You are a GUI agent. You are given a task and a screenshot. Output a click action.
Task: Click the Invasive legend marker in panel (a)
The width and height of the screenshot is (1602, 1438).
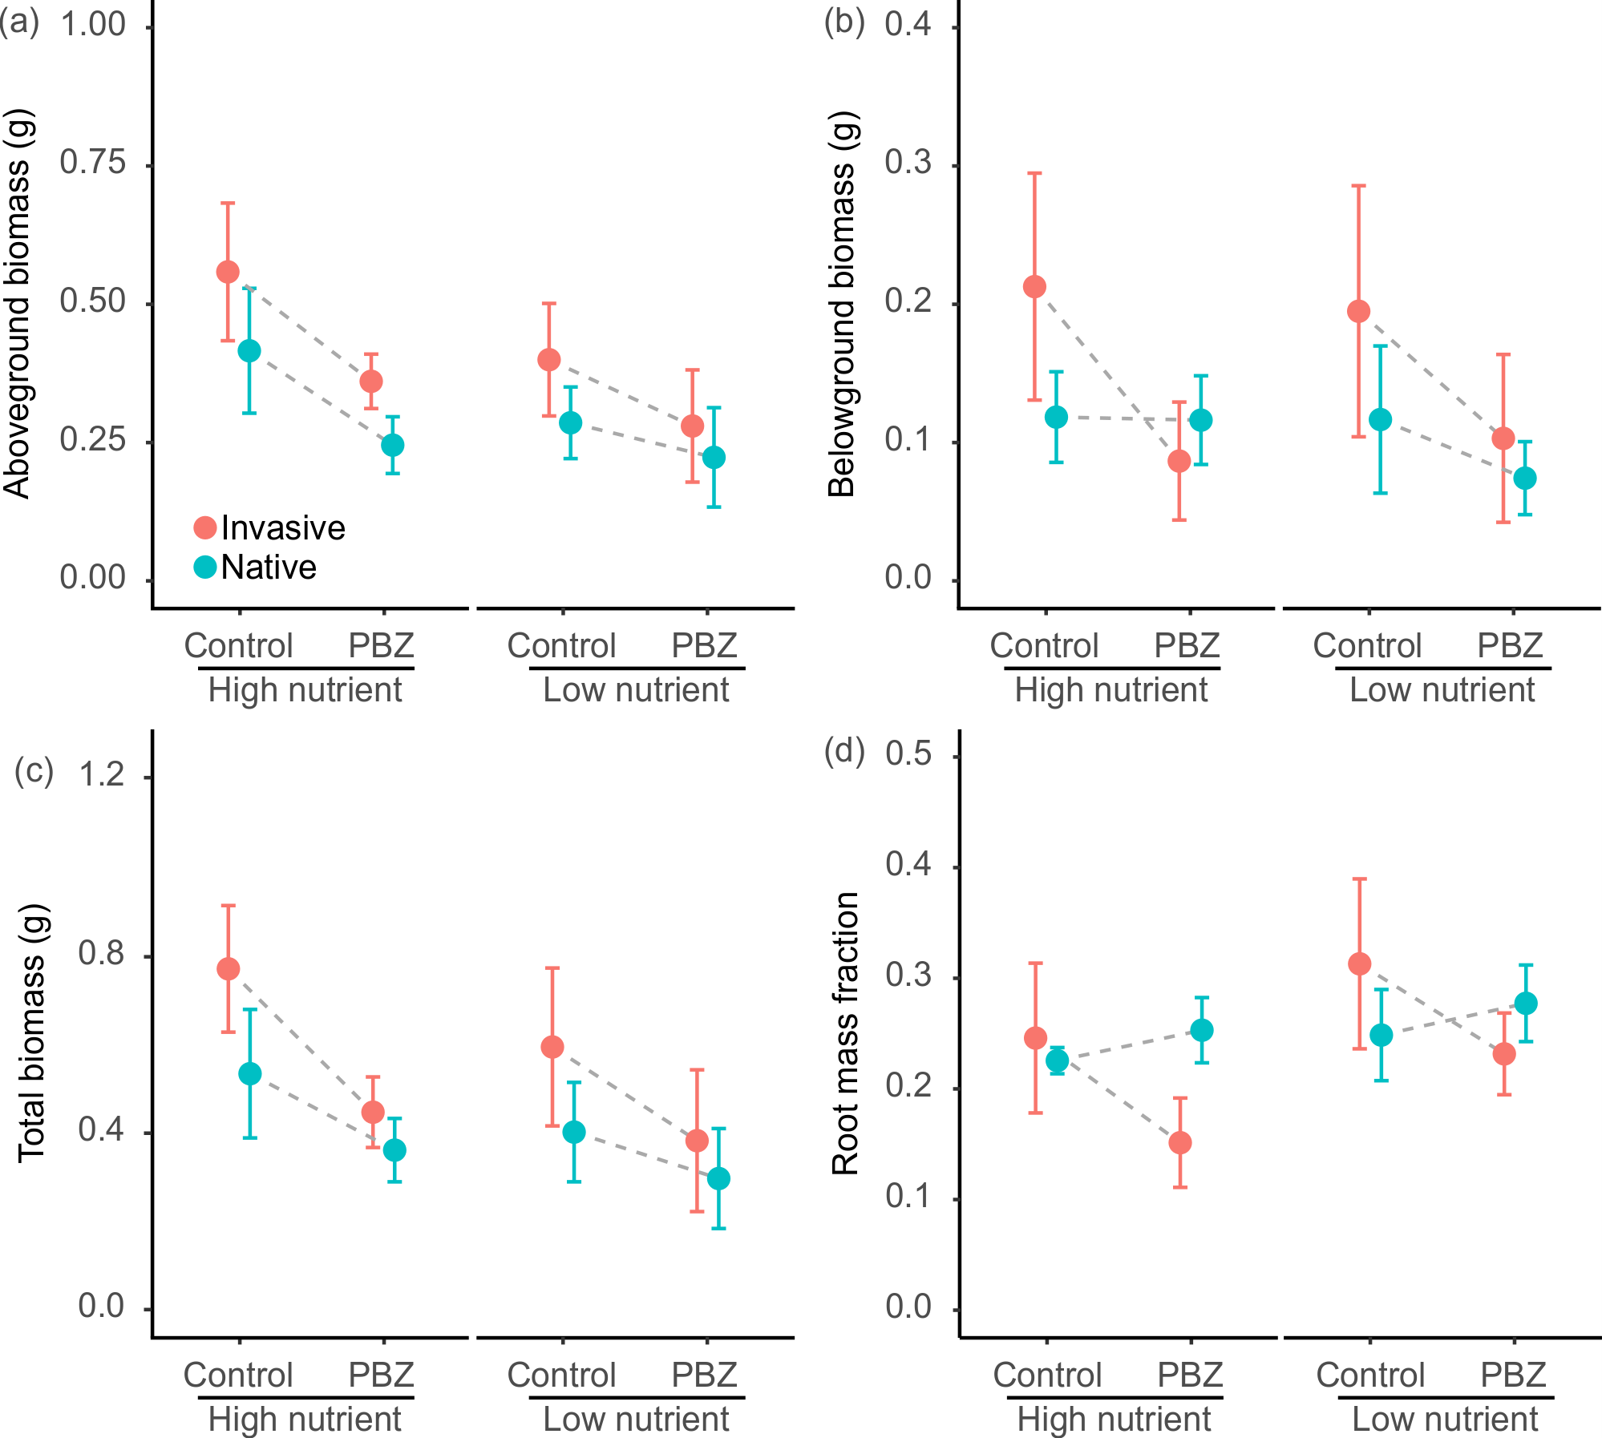(205, 527)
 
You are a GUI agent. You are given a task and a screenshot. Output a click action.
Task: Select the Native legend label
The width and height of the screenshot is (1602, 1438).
(269, 568)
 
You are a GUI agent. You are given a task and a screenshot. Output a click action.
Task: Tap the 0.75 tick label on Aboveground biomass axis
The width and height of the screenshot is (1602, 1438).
(93, 163)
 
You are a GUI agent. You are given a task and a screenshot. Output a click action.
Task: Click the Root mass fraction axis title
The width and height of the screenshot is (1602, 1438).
(845, 1033)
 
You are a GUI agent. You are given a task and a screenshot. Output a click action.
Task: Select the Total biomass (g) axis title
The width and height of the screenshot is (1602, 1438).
(32, 1033)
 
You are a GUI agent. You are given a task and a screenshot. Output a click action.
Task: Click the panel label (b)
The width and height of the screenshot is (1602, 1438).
(843, 22)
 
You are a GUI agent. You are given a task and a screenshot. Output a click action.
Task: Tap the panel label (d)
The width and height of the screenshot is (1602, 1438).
(843, 752)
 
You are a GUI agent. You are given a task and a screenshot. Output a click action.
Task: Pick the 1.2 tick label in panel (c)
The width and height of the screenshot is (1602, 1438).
(102, 774)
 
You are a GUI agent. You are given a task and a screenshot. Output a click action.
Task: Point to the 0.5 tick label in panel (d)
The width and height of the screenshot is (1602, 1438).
(908, 754)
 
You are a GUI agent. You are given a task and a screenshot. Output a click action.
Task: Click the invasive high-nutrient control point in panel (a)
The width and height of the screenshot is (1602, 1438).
(228, 272)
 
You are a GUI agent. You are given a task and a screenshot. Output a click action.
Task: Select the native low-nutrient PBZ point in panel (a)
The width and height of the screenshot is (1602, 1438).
(714, 458)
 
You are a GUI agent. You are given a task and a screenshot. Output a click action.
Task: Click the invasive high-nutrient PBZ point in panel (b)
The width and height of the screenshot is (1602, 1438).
(1179, 461)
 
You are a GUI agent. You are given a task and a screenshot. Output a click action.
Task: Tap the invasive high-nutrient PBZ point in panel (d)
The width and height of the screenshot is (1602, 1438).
(1179, 1142)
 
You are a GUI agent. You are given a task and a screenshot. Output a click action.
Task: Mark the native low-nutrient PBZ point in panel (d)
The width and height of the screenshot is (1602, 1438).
(1526, 1003)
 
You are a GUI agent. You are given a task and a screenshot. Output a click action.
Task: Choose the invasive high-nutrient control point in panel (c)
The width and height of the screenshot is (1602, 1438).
(228, 968)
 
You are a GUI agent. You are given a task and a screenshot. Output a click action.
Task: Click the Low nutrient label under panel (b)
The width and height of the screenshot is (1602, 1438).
(1442, 690)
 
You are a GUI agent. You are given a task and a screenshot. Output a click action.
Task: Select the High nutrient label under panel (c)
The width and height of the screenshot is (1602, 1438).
(305, 1420)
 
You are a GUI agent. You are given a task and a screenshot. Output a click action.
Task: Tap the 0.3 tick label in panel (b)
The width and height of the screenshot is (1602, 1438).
(908, 163)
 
